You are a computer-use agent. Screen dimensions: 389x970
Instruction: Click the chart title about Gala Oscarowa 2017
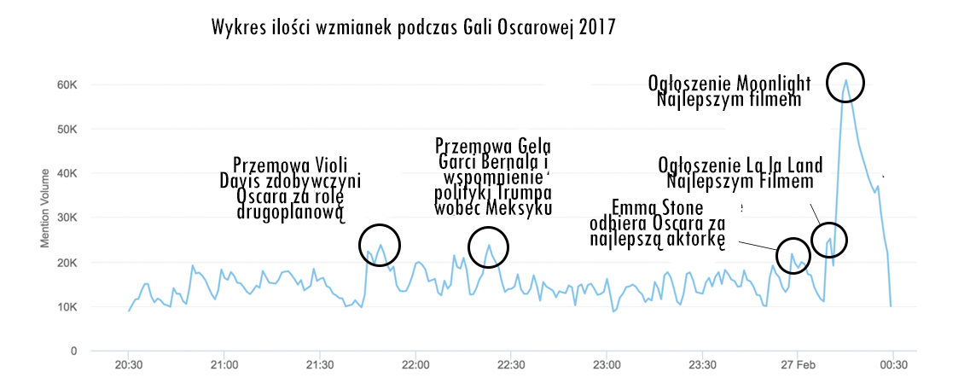[x=413, y=27]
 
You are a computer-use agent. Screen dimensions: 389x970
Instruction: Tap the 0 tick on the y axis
[x=74, y=351]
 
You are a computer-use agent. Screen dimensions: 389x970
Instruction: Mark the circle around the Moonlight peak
[x=845, y=82]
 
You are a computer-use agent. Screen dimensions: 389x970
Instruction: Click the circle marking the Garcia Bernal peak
[x=489, y=247]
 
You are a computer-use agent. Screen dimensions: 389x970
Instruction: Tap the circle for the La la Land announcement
[x=829, y=240]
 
